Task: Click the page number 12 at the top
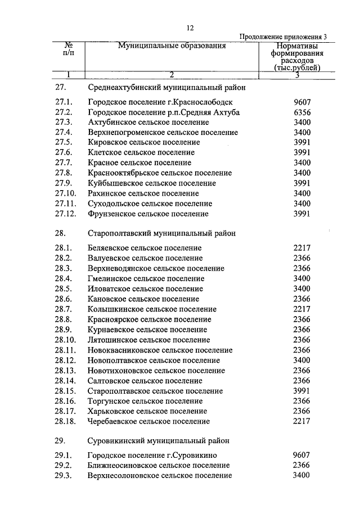click(x=190, y=28)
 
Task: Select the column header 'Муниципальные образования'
click(x=172, y=46)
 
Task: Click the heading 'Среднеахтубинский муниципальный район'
click(x=166, y=88)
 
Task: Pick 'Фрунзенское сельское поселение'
click(x=148, y=214)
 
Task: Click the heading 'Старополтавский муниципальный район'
click(x=162, y=232)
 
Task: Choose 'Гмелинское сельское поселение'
click(x=146, y=278)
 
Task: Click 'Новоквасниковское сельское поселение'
click(x=160, y=350)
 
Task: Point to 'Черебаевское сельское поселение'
click(x=150, y=421)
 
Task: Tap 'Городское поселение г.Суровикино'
click(x=152, y=455)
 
